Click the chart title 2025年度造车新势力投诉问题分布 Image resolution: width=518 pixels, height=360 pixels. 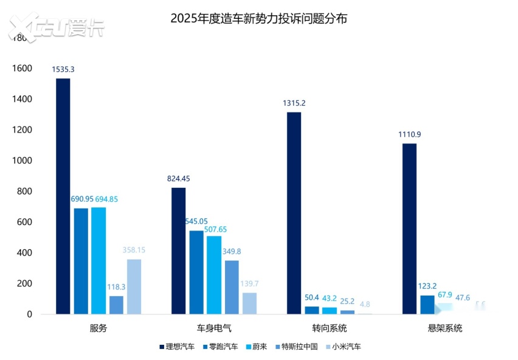click(x=259, y=18)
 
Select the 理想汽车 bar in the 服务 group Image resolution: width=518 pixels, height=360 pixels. click(x=63, y=196)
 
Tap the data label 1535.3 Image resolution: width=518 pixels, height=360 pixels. click(x=63, y=69)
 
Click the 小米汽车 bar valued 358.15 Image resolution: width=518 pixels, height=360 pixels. click(x=134, y=286)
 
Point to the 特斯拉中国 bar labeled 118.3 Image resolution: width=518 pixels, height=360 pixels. click(x=116, y=305)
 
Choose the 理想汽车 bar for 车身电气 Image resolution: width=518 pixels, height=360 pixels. click(x=179, y=251)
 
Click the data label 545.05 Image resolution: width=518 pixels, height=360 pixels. click(x=196, y=221)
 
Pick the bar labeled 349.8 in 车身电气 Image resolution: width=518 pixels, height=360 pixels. click(x=232, y=287)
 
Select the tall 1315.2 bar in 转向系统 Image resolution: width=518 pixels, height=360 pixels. click(x=294, y=213)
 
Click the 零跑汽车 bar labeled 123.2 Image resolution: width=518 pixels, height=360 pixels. click(x=427, y=305)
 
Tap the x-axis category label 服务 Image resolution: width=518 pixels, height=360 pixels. click(x=98, y=328)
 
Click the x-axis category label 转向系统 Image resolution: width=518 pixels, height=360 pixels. click(x=330, y=328)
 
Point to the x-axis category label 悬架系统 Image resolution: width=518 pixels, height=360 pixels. click(x=445, y=328)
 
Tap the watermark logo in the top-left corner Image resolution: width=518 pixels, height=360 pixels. click(x=55, y=27)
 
